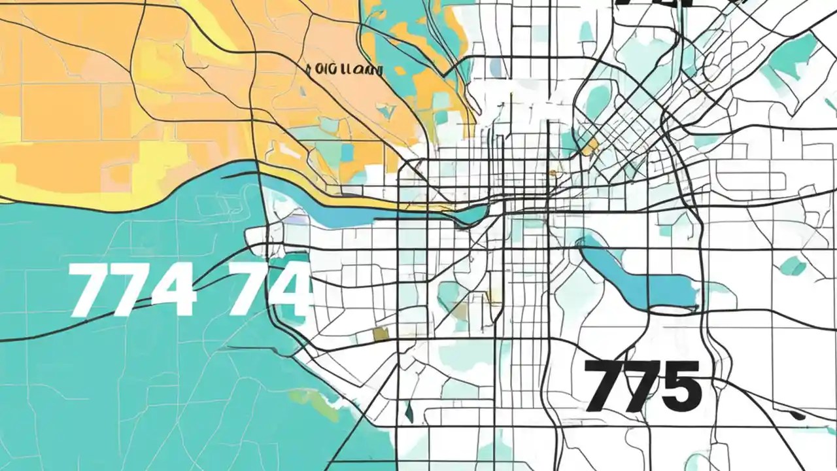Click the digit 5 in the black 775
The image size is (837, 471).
point(679,387)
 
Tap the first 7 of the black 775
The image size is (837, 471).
point(601,386)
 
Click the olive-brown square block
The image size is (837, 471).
point(381,334)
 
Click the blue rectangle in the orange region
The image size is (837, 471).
point(347,152)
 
